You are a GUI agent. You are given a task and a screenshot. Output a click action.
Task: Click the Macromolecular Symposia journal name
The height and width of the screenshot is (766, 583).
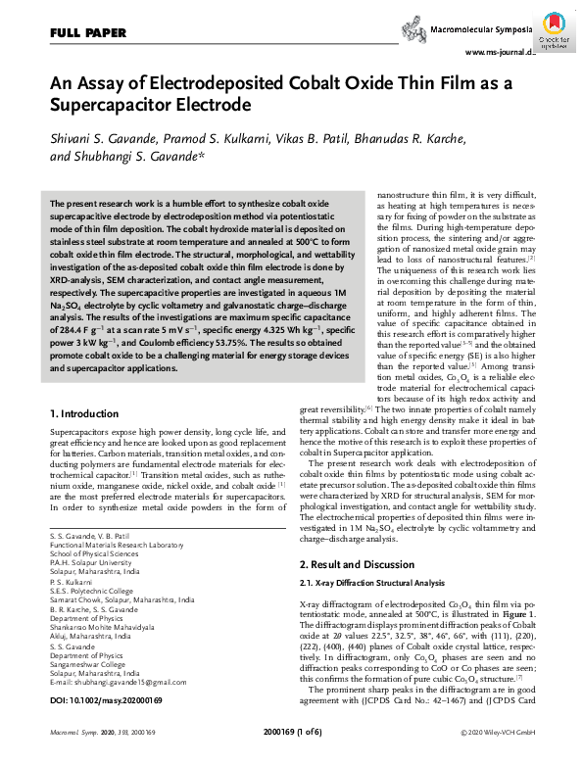[x=482, y=31]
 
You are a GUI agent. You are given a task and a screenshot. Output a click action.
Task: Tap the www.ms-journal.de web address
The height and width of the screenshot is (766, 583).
[x=500, y=53]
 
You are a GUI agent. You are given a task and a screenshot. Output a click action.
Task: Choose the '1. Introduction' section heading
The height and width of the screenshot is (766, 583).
[x=83, y=415]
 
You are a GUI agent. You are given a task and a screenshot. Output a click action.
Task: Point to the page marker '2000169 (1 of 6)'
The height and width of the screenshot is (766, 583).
[x=291, y=757]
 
